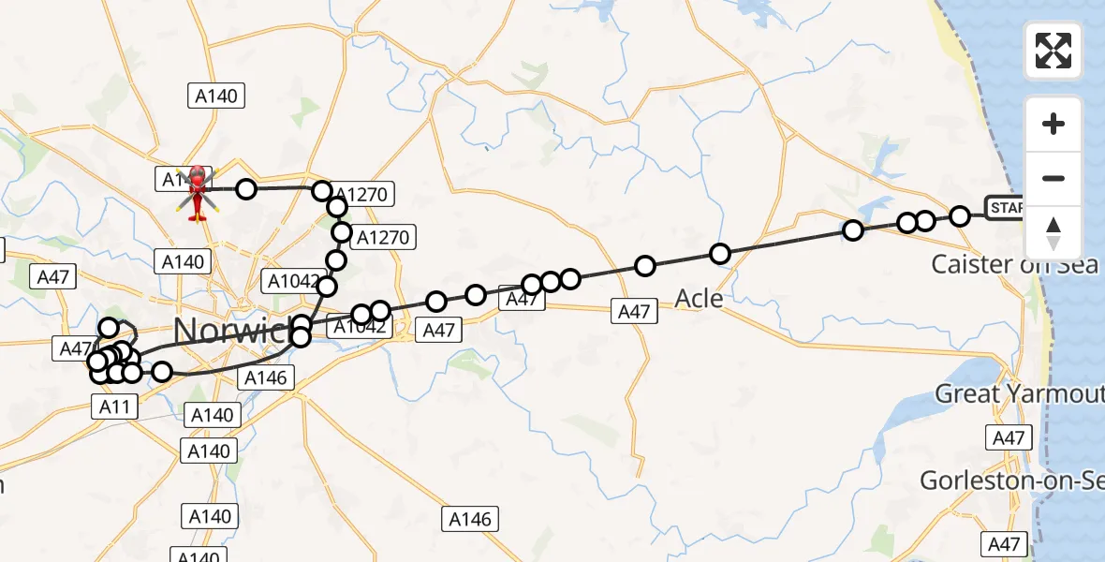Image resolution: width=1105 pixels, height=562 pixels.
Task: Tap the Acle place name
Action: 699,299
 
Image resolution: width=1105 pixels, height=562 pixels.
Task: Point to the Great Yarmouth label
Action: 1019,393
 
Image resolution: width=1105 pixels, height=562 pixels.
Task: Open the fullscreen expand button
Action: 1053,51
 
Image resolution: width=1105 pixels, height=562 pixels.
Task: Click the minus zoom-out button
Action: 1053,178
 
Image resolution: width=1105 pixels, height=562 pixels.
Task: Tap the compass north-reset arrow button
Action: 1053,233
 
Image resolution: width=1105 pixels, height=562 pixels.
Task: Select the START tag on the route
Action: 1004,207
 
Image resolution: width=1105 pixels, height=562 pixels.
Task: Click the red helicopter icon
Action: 198,193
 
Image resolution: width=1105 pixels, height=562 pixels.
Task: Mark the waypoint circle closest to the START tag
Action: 959,216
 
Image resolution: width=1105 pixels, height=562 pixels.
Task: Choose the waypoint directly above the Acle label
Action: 719,254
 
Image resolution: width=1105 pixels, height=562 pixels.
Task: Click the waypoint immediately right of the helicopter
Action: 245,189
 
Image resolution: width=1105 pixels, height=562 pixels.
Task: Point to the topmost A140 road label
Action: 216,96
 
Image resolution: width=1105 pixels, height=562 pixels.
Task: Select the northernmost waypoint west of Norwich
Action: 109,328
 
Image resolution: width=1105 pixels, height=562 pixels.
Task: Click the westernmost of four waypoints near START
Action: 852,230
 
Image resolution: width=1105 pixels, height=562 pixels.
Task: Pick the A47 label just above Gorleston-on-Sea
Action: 1009,437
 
